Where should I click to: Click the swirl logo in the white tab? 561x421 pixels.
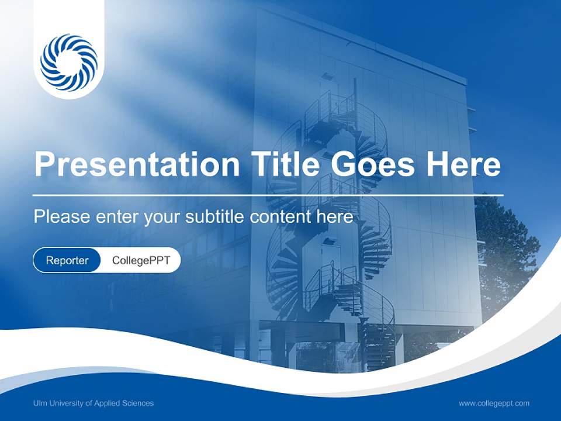click(x=69, y=63)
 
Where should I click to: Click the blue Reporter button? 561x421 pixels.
click(x=67, y=260)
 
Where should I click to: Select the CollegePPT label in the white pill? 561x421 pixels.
click(x=141, y=260)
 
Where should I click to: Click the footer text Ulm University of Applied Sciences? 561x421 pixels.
click(x=93, y=403)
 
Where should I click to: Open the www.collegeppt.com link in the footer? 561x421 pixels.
click(x=494, y=403)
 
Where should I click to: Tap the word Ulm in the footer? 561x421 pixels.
click(x=40, y=403)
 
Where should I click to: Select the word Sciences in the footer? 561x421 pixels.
click(x=138, y=403)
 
